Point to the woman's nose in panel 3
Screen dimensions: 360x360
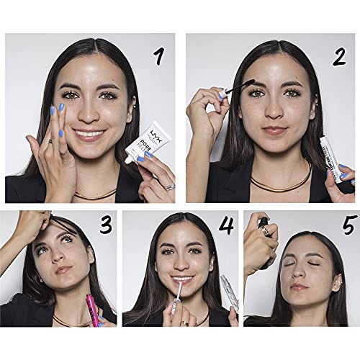pos(65,258)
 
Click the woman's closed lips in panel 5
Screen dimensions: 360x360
pos(300,286)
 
